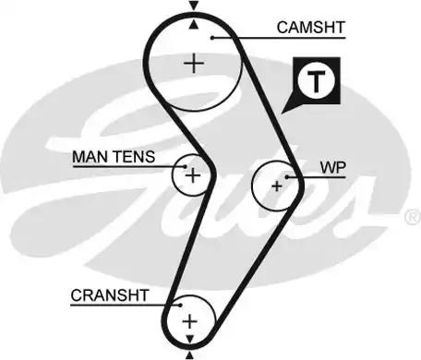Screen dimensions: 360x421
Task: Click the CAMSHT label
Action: pyautogui.click(x=310, y=28)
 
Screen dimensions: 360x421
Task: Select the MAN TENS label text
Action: pyautogui.click(x=114, y=158)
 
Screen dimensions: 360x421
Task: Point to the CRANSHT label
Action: pyautogui.click(x=109, y=296)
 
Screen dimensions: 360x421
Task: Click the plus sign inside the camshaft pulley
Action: pyautogui.click(x=193, y=63)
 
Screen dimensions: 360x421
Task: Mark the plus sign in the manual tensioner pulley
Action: pyautogui.click(x=192, y=174)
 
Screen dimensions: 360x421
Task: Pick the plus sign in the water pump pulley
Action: pyautogui.click(x=275, y=186)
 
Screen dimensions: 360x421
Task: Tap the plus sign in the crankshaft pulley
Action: pyautogui.click(x=190, y=321)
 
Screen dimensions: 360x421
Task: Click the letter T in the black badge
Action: pyautogui.click(x=318, y=81)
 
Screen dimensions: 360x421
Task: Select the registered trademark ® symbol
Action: pyautogui.click(x=412, y=218)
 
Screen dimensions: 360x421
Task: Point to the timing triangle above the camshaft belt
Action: pyautogui.click(x=193, y=7)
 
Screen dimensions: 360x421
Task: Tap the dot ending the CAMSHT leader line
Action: pyautogui.click(x=211, y=37)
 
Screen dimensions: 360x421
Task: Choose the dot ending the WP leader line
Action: pyautogui.click(x=289, y=175)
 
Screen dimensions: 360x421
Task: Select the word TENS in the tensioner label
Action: pyautogui.click(x=135, y=158)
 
